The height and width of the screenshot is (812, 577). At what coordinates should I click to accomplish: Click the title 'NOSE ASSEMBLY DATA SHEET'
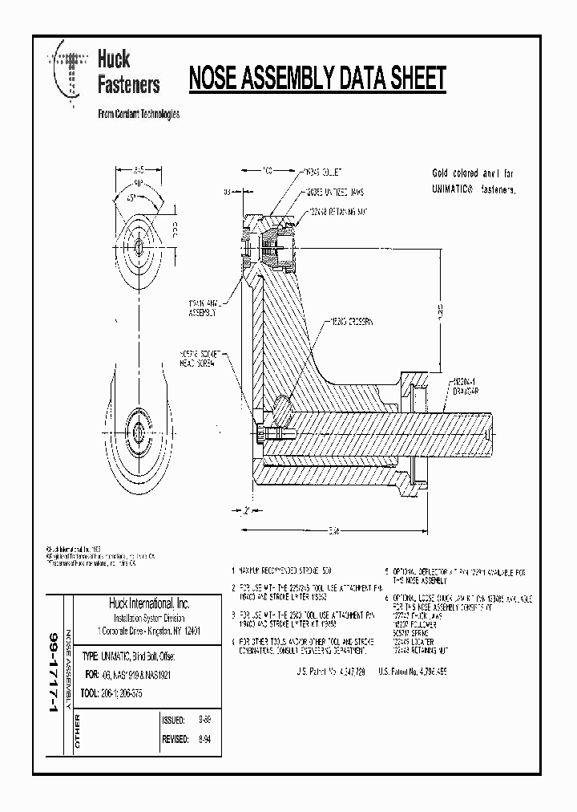pyautogui.click(x=317, y=79)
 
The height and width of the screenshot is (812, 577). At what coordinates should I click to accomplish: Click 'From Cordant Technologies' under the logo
pyautogui.click(x=138, y=114)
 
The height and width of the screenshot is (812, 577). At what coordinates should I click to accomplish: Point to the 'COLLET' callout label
pyautogui.click(x=324, y=172)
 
